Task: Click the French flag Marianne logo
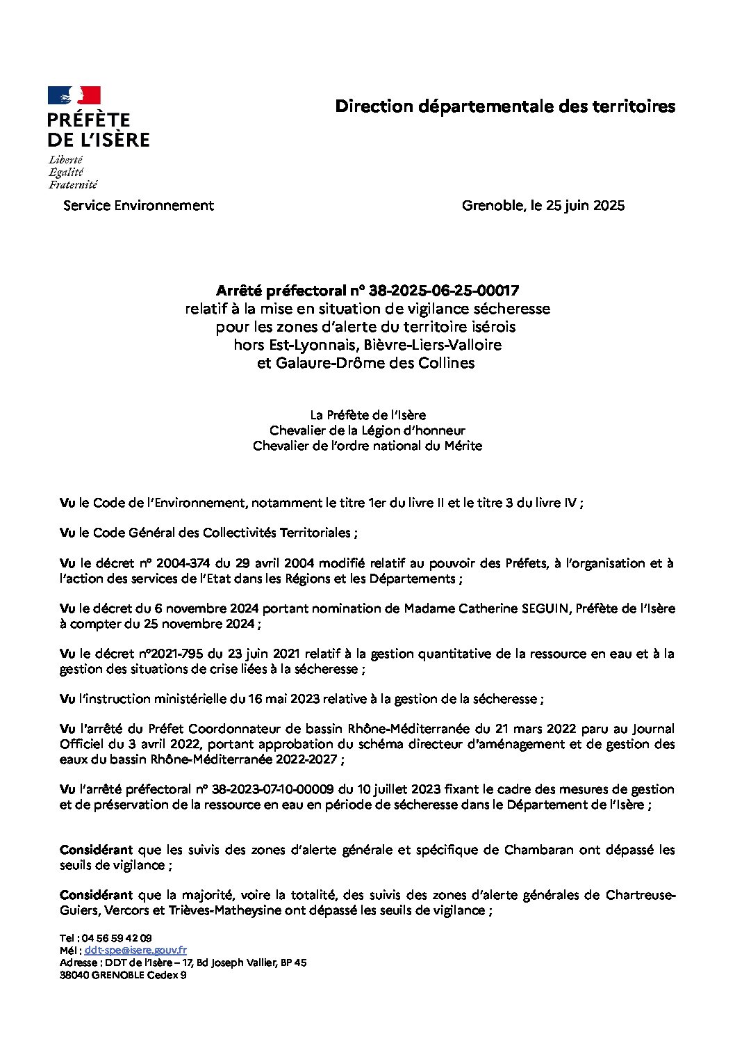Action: pyautogui.click(x=74, y=95)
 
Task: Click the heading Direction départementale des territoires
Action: pyautogui.click(x=505, y=106)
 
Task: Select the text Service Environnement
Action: pyautogui.click(x=138, y=205)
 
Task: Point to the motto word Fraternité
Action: pyautogui.click(x=73, y=185)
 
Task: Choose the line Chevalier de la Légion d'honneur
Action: pyautogui.click(x=367, y=430)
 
